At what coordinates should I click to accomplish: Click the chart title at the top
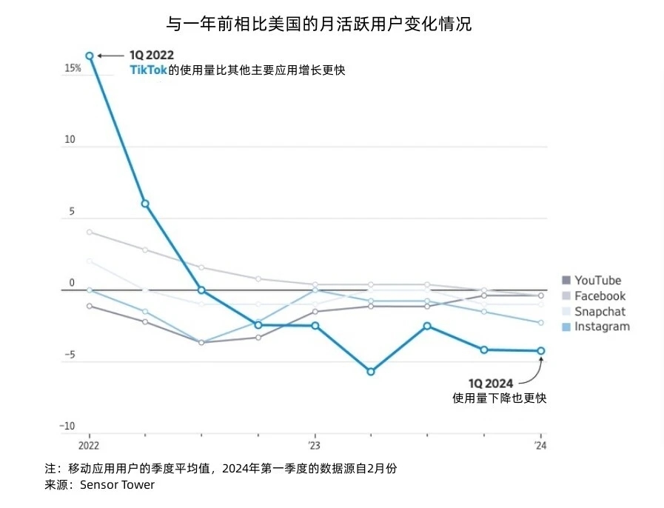(318, 24)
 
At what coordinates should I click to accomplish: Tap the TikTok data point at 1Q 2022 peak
(90, 56)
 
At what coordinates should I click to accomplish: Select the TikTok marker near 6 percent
(145, 203)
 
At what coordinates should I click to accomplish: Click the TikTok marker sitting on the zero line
(201, 290)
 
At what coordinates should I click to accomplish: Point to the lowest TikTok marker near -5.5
(371, 371)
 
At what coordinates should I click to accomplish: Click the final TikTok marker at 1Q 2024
(540, 351)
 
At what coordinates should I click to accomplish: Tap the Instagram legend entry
(595, 327)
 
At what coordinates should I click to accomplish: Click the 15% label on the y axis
(73, 68)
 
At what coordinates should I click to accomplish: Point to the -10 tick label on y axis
(67, 427)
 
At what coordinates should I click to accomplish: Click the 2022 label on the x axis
(89, 447)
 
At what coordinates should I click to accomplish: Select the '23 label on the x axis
(315, 447)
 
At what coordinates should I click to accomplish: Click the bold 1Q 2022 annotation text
(152, 56)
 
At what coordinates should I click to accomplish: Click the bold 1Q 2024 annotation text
(490, 383)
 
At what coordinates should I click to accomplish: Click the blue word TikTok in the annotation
(148, 70)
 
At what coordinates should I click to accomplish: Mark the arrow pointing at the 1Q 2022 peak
(111, 56)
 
